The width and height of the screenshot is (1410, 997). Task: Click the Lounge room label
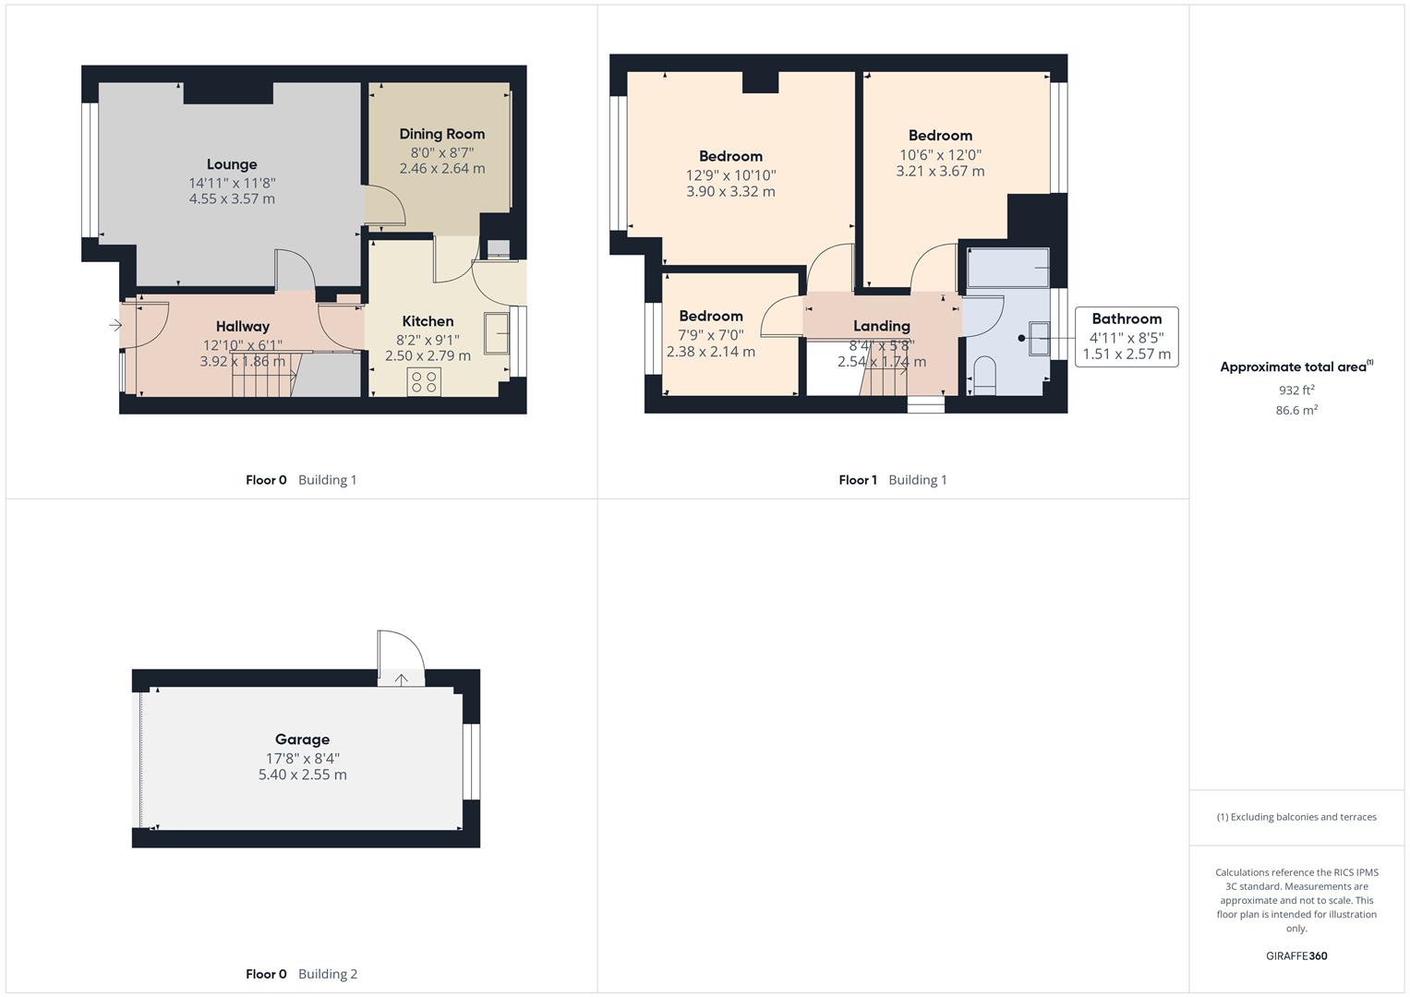pyautogui.click(x=232, y=164)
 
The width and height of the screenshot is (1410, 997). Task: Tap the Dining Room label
pyautogui.click(x=441, y=134)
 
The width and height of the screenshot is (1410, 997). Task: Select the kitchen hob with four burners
pyautogui.click(x=425, y=382)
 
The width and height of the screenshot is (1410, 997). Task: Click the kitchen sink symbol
pyautogui.click(x=497, y=332)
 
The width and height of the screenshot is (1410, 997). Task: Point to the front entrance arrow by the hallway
pyautogui.click(x=115, y=325)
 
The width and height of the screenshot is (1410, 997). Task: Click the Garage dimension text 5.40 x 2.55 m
pyautogui.click(x=302, y=775)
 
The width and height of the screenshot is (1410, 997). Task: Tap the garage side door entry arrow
pyautogui.click(x=402, y=679)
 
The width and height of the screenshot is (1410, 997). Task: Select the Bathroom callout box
pyautogui.click(x=1127, y=337)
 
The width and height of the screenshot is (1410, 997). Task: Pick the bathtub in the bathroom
pyautogui.click(x=1007, y=268)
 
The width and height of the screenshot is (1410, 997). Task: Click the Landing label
pyautogui.click(x=881, y=326)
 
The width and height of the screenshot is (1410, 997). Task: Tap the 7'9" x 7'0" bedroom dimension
pyautogui.click(x=710, y=335)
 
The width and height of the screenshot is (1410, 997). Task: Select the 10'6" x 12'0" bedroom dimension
pyautogui.click(x=940, y=155)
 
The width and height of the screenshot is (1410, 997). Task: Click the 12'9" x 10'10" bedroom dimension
pyautogui.click(x=730, y=175)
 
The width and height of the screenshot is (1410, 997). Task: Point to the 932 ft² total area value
pyautogui.click(x=1296, y=390)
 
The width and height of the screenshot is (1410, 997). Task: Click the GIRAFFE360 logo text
pyautogui.click(x=1296, y=955)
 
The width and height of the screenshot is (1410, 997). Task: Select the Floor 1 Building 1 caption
pyautogui.click(x=892, y=480)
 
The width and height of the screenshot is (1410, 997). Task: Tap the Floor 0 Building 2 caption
pyautogui.click(x=301, y=974)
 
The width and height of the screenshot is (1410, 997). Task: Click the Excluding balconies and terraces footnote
pyautogui.click(x=1296, y=817)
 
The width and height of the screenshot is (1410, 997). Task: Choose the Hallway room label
pyautogui.click(x=243, y=326)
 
